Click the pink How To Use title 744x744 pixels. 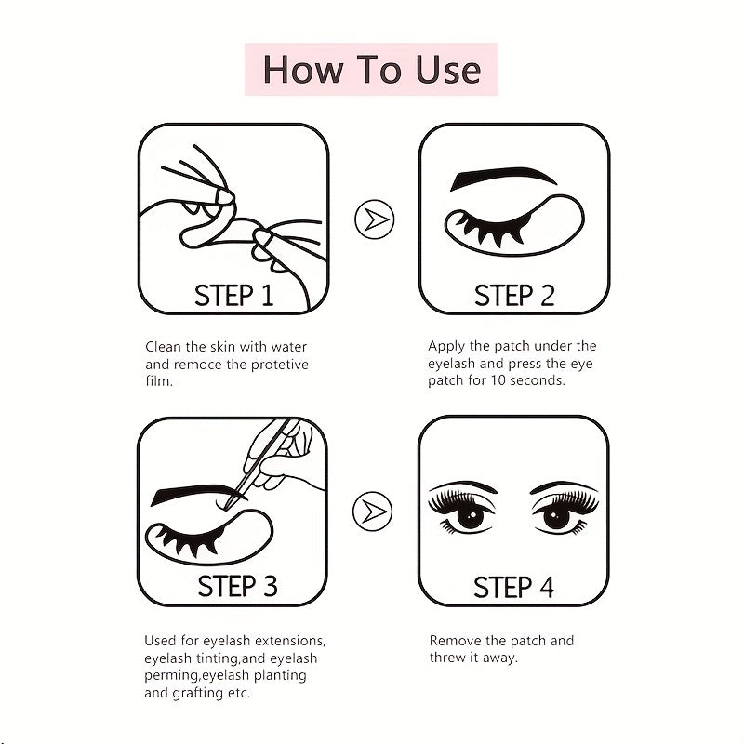371,70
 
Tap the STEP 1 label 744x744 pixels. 233,296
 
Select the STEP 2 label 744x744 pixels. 514,296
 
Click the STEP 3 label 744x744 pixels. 237,586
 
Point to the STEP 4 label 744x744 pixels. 514,587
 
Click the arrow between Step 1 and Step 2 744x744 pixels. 374,219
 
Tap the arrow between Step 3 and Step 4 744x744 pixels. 374,510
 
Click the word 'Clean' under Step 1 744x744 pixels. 163,347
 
